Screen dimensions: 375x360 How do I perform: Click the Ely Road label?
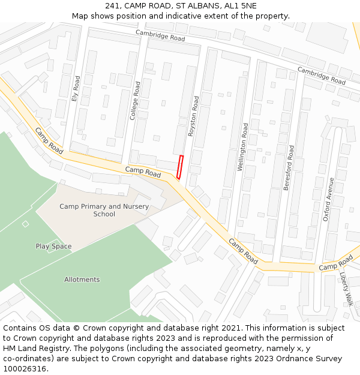[76, 88]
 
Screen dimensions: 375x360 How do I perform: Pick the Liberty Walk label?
[347, 290]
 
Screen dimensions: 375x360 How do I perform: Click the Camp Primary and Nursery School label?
[104, 210]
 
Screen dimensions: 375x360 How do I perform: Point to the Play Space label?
[53, 246]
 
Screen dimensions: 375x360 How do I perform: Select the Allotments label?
[82, 280]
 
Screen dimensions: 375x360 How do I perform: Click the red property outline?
[180, 167]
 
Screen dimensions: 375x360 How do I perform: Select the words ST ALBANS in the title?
[187, 5]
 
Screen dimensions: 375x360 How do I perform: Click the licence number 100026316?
[25, 369]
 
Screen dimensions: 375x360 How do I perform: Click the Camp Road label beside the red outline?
[143, 172]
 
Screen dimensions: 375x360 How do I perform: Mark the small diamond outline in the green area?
[25, 224]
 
